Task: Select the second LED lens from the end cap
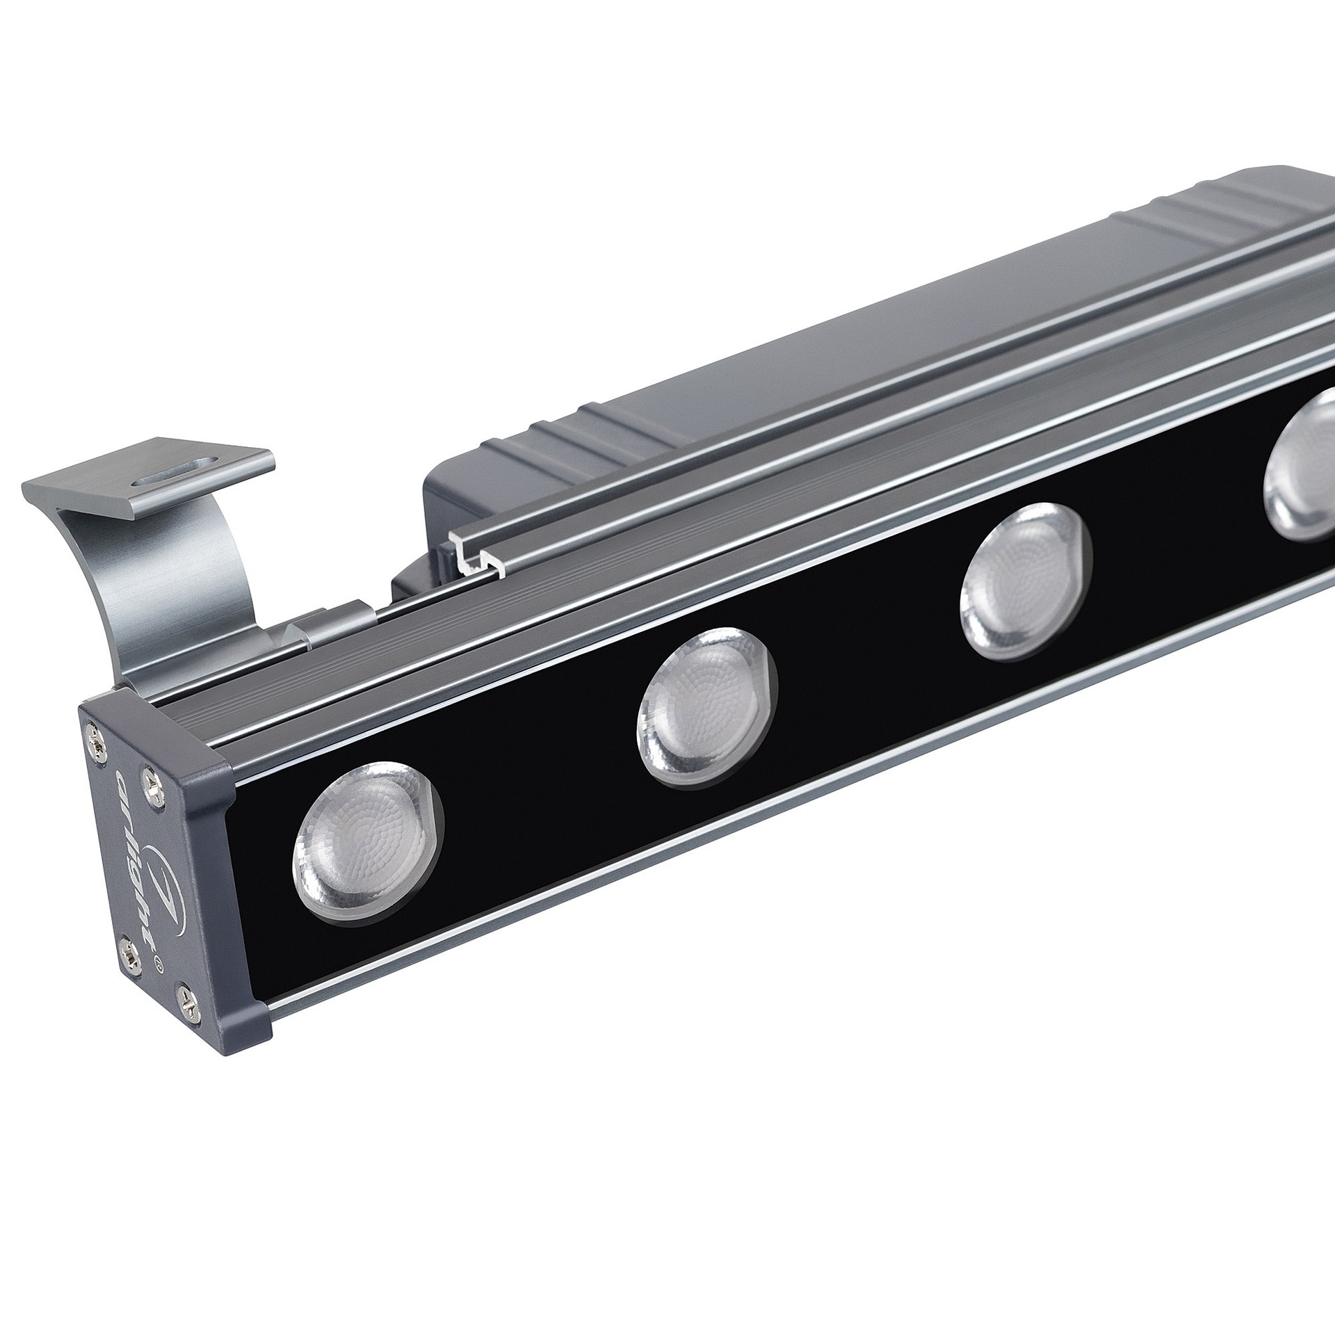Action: tap(706, 707)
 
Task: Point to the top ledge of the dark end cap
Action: tap(153, 702)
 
